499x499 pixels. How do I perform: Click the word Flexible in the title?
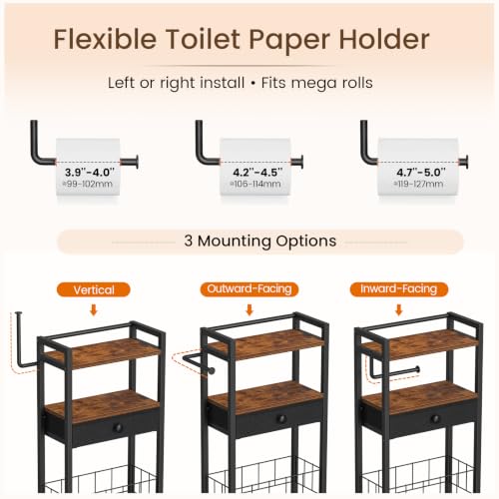(x=105, y=39)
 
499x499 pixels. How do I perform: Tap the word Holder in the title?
(x=384, y=39)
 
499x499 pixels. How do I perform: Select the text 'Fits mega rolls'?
(x=316, y=83)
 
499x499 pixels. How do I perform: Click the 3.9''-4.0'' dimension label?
(x=90, y=172)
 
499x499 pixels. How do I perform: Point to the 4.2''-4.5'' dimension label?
(x=257, y=172)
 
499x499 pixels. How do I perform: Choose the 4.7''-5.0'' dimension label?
(x=420, y=172)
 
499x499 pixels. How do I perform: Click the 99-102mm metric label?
(x=88, y=184)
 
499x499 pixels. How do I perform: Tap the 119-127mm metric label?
(x=418, y=184)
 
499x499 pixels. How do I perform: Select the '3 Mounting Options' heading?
(x=260, y=242)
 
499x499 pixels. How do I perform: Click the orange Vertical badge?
(x=94, y=289)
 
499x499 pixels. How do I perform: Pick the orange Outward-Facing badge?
(x=249, y=288)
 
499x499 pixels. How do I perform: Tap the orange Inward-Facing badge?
(x=399, y=288)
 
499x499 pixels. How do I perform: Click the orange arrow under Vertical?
(x=94, y=310)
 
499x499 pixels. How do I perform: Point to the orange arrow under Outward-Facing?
(x=249, y=309)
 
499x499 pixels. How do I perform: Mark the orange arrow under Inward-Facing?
(x=399, y=309)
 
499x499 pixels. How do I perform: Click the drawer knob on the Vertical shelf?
(x=118, y=427)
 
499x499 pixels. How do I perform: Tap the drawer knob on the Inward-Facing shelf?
(x=436, y=419)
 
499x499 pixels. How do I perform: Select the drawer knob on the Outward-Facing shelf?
(x=281, y=419)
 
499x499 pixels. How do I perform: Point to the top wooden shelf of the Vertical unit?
(x=101, y=352)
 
